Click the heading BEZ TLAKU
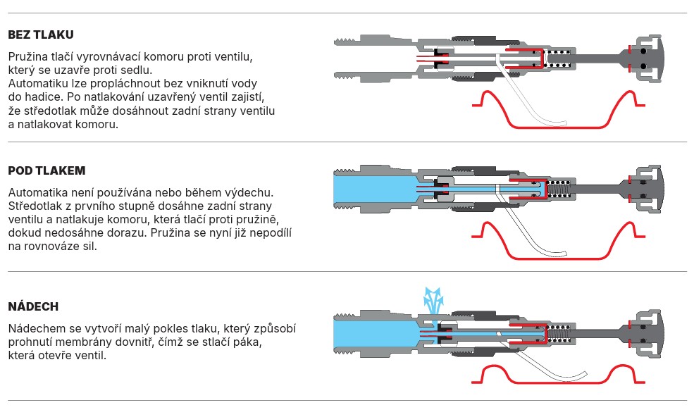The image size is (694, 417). (x=41, y=35)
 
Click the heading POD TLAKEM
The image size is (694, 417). (x=47, y=170)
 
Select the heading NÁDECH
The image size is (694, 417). (x=33, y=306)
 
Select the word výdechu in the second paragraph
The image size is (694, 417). (x=251, y=192)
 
